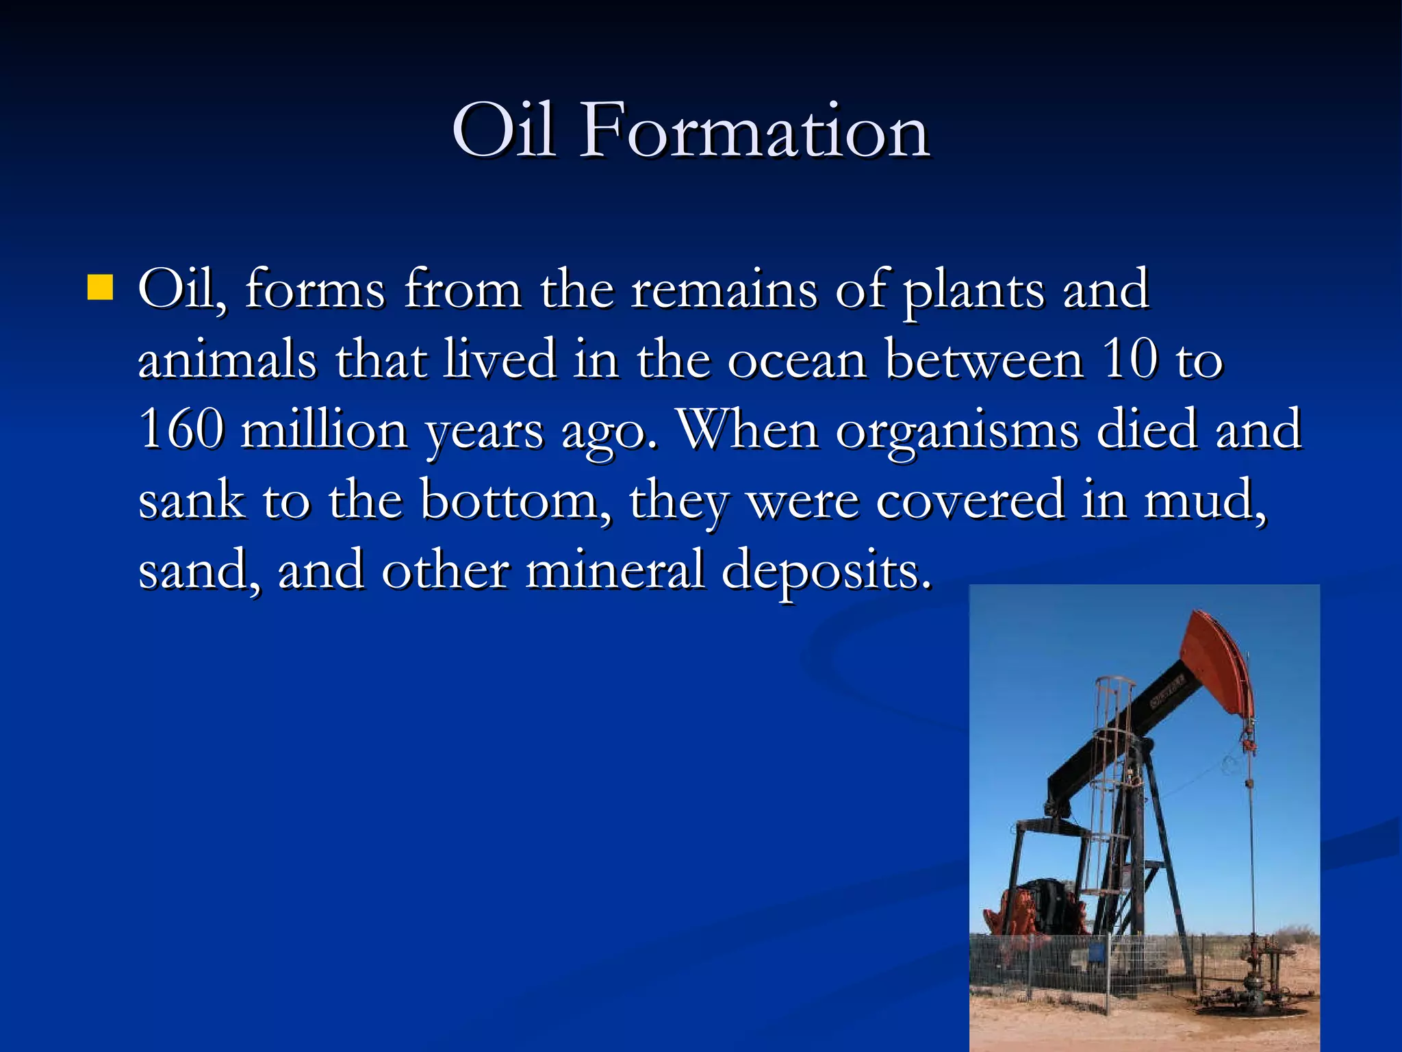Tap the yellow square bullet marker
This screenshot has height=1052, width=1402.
(x=100, y=288)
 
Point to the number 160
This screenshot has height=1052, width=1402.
(x=181, y=430)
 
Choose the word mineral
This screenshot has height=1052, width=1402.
(x=615, y=571)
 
